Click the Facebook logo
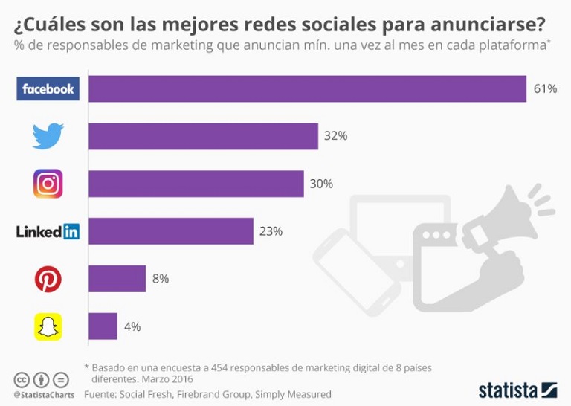coord(48,89)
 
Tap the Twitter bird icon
coord(48,136)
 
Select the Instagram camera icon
coord(48,184)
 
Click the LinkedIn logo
coord(48,231)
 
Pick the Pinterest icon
coord(48,279)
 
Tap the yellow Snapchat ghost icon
coord(48,326)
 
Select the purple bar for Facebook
coord(307,89)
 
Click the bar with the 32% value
coord(203,136)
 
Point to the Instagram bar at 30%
coord(196,184)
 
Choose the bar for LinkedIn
coord(171,231)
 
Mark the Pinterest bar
coord(117,279)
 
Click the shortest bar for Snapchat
coord(103,326)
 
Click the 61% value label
coord(545,89)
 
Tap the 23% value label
coord(271,231)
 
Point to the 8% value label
coord(161,279)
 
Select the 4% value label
coord(132,326)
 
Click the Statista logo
coord(517,390)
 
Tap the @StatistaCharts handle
coord(44,394)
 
